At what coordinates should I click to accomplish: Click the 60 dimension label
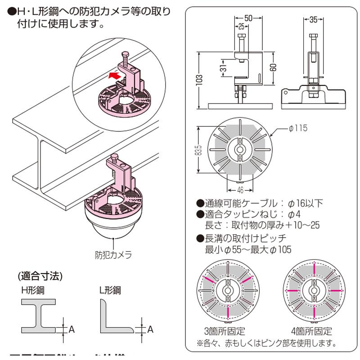click(274, 68)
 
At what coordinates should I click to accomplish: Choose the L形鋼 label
click(110, 290)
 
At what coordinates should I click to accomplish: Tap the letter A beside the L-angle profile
click(150, 329)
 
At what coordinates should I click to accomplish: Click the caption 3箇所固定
click(225, 332)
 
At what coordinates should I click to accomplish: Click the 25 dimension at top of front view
click(241, 26)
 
